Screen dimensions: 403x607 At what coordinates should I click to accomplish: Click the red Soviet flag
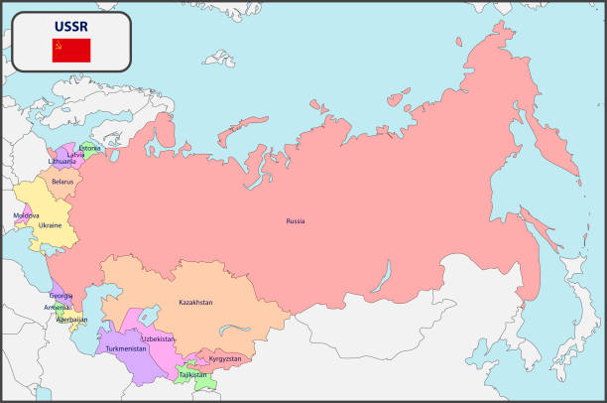tap(70, 51)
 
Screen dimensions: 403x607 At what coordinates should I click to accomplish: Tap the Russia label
tap(296, 220)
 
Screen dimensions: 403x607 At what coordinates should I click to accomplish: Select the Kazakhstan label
tap(195, 302)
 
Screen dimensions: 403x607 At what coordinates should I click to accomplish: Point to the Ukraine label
tap(51, 225)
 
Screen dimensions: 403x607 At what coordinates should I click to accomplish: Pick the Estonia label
tap(90, 148)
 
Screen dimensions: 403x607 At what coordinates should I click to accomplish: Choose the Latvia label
tap(75, 154)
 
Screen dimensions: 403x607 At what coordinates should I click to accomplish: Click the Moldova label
tap(26, 215)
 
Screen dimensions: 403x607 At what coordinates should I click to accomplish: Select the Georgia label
tap(61, 296)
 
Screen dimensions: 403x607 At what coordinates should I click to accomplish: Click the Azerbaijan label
tap(71, 320)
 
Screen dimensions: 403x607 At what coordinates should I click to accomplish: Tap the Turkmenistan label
tap(126, 348)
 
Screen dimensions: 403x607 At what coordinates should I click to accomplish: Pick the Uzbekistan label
tap(158, 338)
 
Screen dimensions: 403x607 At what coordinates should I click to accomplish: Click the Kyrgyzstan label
tap(225, 357)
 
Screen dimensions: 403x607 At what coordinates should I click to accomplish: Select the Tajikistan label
tap(193, 374)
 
